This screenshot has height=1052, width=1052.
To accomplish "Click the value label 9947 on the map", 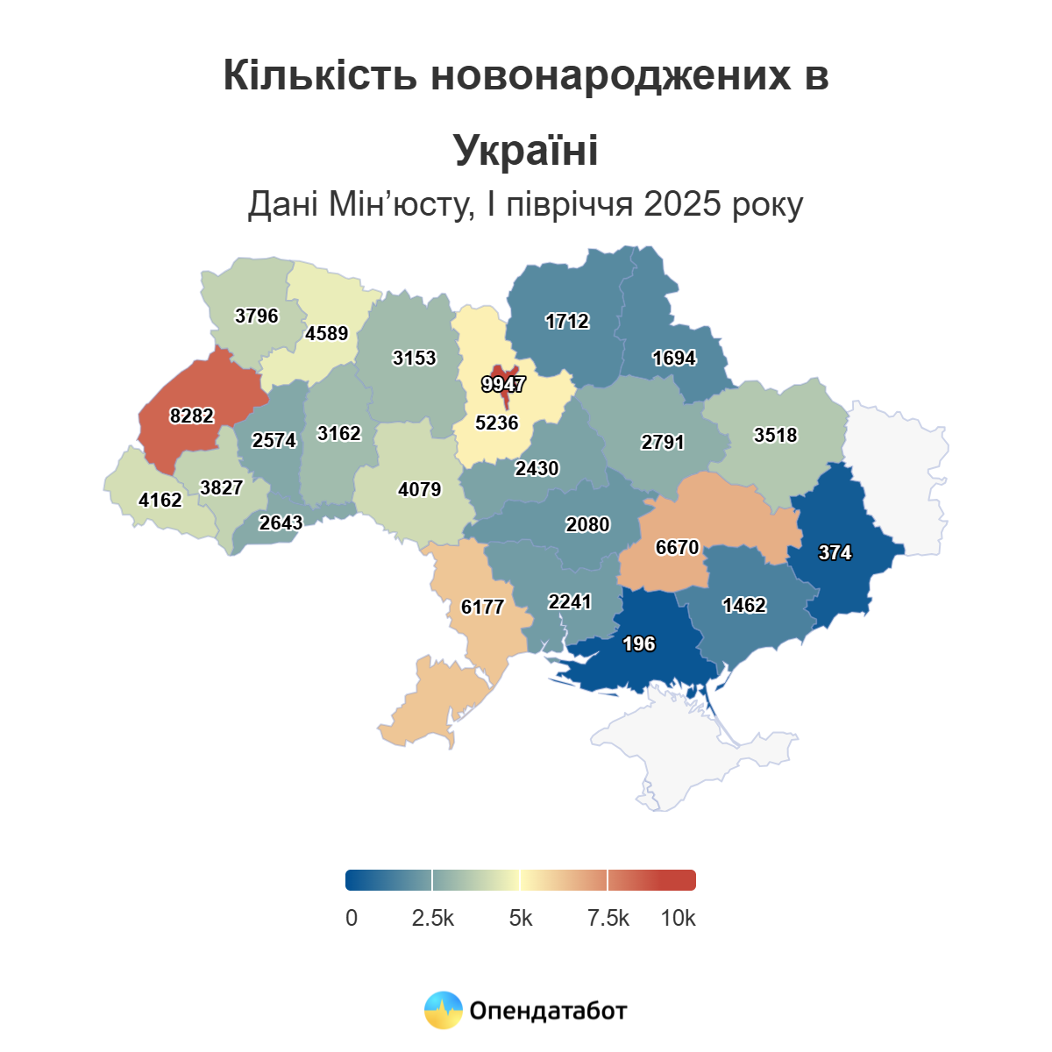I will click(503, 384).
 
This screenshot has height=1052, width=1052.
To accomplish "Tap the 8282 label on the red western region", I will click(192, 416).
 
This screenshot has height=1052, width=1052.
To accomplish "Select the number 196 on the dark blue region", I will click(638, 644).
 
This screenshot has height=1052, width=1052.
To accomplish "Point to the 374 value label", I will click(835, 552).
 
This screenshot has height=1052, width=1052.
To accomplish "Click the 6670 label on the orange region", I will click(678, 548).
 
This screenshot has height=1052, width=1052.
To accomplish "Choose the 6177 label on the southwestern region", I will click(483, 607).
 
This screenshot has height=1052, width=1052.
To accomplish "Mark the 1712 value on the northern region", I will click(567, 322).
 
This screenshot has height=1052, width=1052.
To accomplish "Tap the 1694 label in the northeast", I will click(674, 358).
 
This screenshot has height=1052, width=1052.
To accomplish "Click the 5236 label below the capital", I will click(497, 423).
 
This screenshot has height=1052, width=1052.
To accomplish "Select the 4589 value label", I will click(327, 334).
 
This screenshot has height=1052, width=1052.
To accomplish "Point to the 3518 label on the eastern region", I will click(776, 435).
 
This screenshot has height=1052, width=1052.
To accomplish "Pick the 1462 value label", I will click(744, 606).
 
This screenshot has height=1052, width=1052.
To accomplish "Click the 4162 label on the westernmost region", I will click(160, 501).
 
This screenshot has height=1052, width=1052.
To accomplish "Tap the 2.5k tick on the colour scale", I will click(433, 918).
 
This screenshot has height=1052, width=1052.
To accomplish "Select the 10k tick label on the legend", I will click(678, 918).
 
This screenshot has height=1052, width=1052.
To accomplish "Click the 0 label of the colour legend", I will click(352, 918).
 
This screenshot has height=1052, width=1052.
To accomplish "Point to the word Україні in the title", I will click(526, 150).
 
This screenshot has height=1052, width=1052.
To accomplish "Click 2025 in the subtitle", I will click(680, 204).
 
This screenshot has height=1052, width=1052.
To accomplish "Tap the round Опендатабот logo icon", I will click(444, 1010).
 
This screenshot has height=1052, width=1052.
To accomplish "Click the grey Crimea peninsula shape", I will click(693, 745).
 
